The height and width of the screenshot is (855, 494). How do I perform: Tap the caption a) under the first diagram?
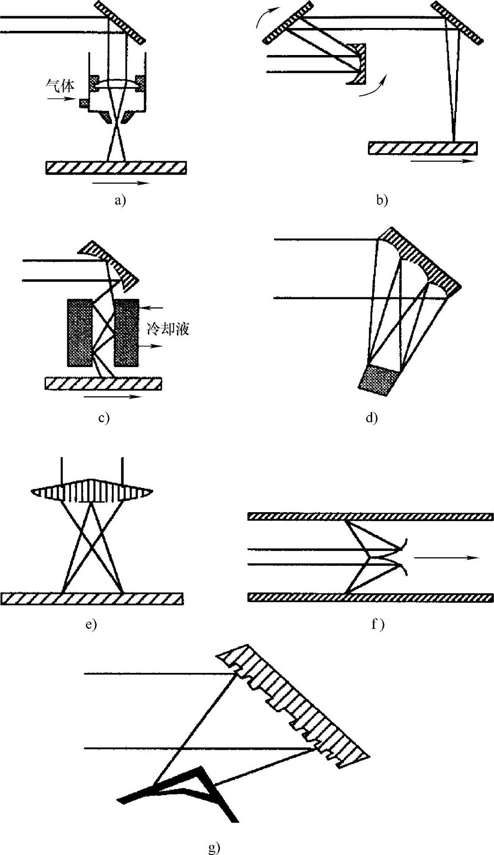pyautogui.click(x=120, y=201)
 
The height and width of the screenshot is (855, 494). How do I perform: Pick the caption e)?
pyautogui.click(x=91, y=624)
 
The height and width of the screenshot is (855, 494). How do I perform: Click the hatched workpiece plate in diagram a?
pyautogui.click(x=116, y=168)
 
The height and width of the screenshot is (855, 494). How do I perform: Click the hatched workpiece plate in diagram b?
pyautogui.click(x=422, y=148)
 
